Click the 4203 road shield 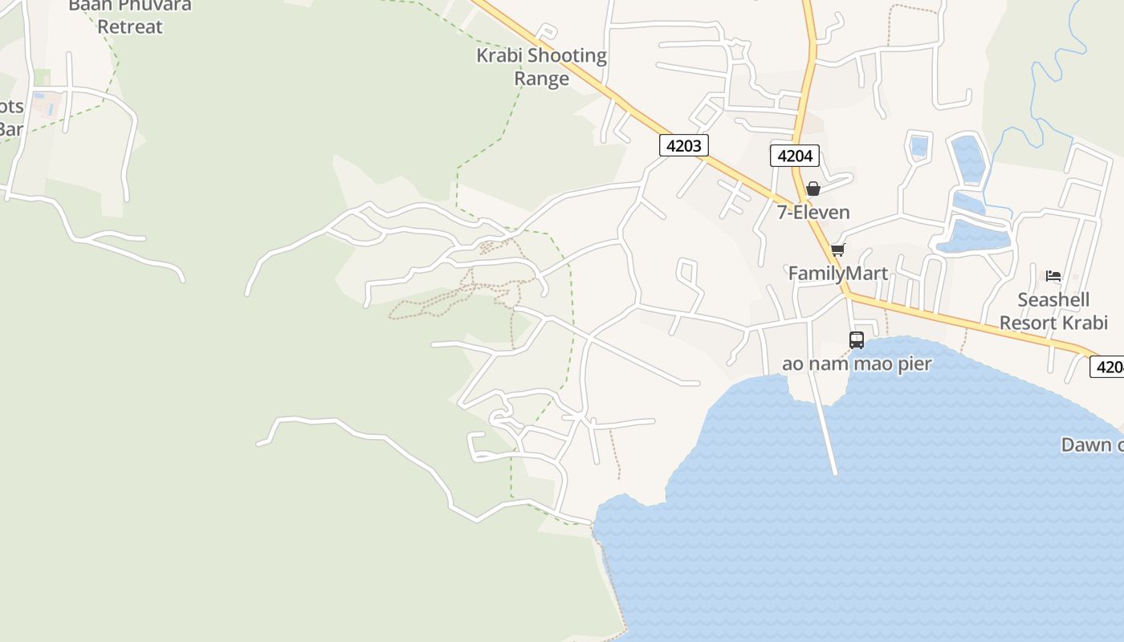(x=684, y=145)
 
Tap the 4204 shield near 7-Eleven (x=795, y=156)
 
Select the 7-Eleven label (x=812, y=213)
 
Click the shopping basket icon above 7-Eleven (x=812, y=189)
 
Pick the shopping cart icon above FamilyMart (x=837, y=250)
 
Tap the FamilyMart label (x=837, y=274)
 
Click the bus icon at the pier (x=857, y=340)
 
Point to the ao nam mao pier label (x=857, y=364)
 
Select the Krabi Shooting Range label (x=541, y=67)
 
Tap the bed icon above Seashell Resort (x=1053, y=276)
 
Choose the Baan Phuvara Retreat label (x=129, y=16)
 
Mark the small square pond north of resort (x=919, y=147)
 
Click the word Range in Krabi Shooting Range (x=541, y=79)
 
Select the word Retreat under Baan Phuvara (x=129, y=26)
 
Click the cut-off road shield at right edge (x=1108, y=367)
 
